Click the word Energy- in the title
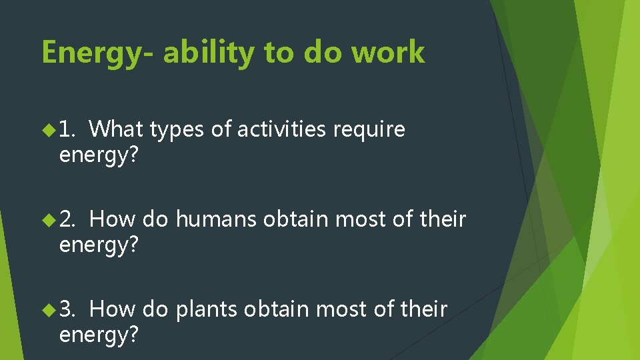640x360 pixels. [97, 53]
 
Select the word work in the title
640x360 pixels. [388, 53]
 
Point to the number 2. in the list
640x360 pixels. [69, 219]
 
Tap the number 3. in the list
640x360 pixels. [69, 309]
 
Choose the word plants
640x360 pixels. [207, 310]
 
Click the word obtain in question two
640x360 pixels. [297, 219]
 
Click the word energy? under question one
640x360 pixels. [99, 156]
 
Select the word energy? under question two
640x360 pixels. [99, 246]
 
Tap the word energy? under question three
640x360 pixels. [99, 336]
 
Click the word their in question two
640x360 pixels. [443, 219]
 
